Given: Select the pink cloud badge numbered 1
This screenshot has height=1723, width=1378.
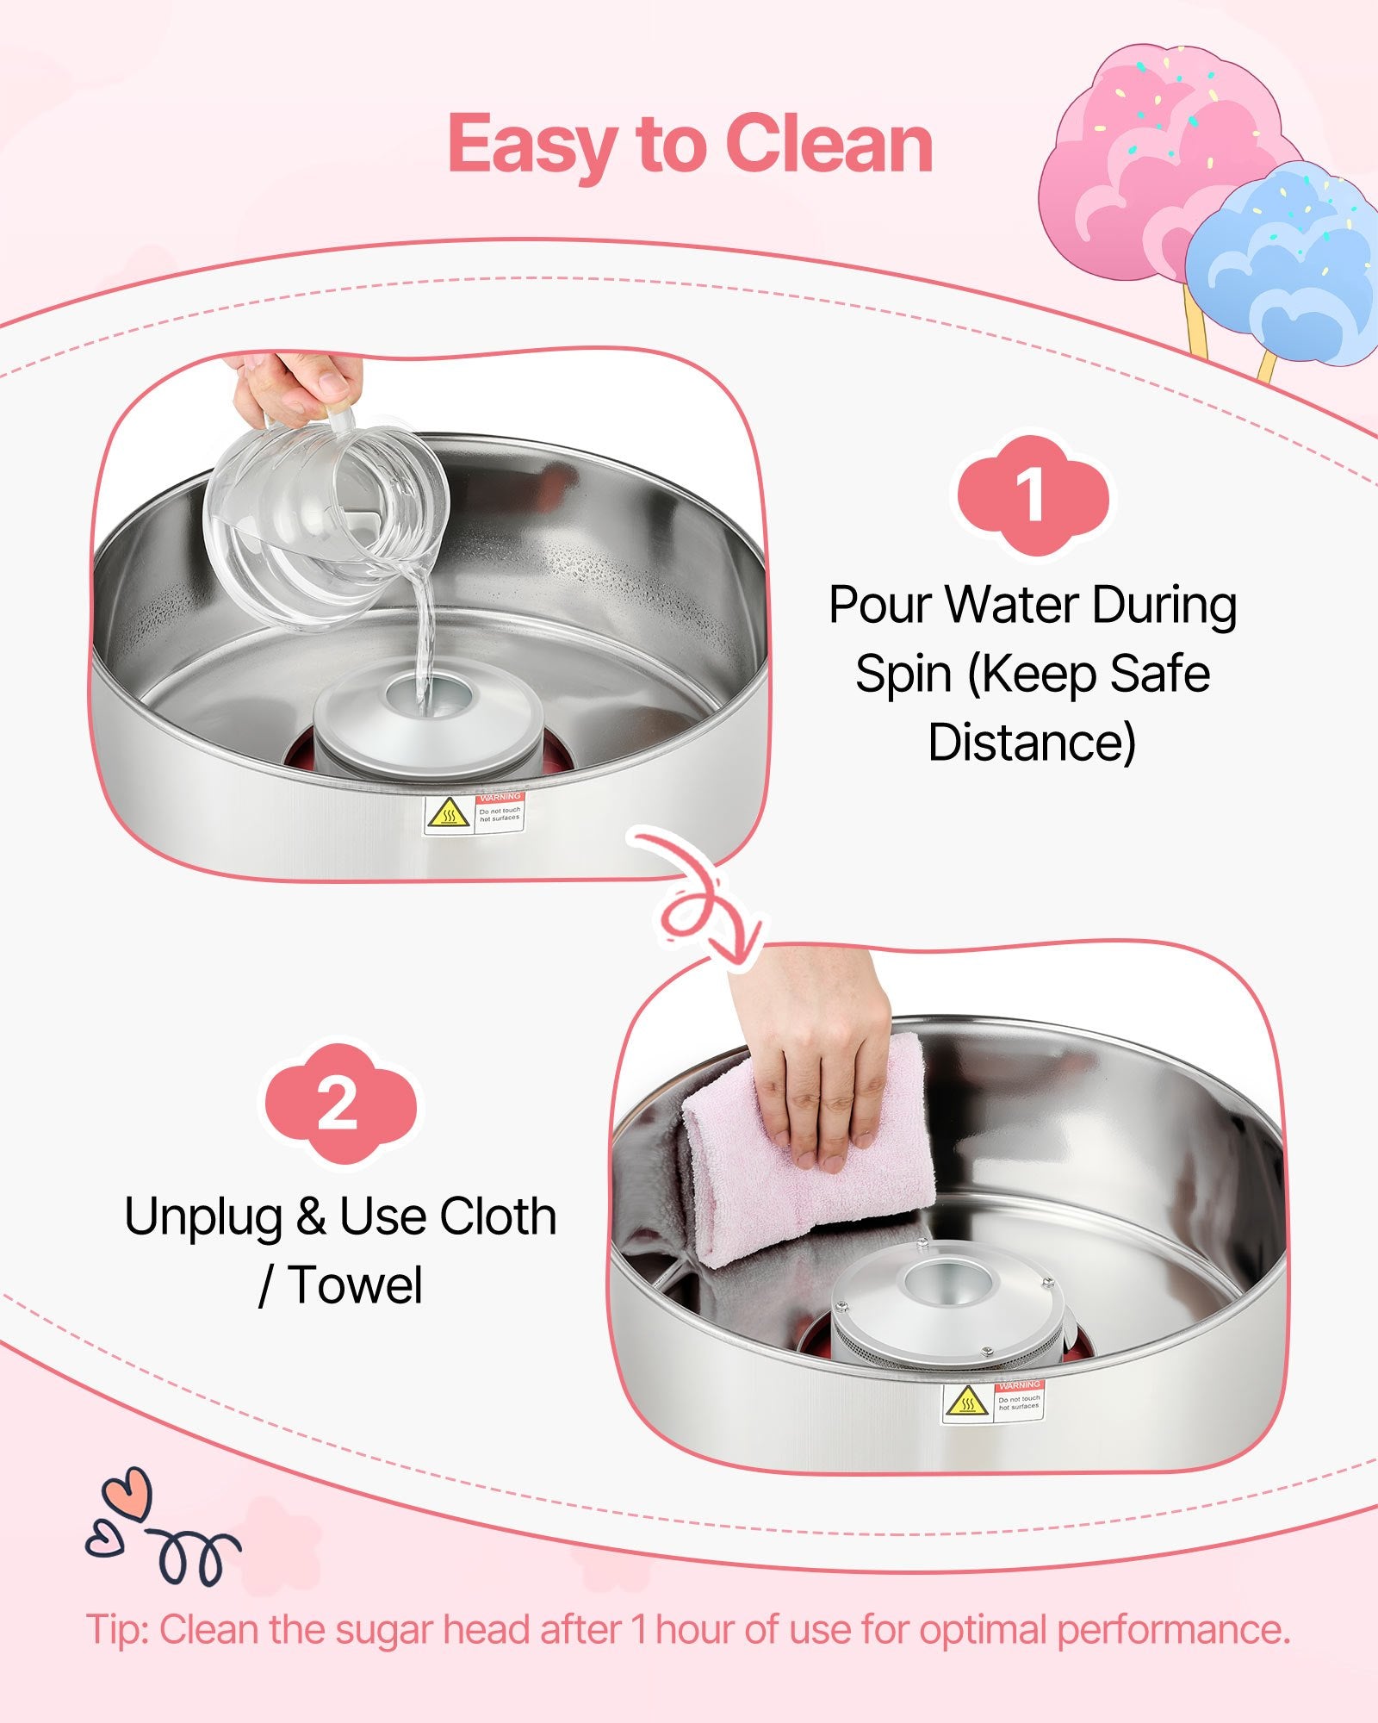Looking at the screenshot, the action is click(x=1033, y=496).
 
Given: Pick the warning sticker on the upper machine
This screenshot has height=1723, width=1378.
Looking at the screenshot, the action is click(x=474, y=813).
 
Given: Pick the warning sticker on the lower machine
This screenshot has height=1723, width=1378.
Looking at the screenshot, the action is click(x=992, y=1402).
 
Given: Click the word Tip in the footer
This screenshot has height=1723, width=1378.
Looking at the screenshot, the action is click(x=117, y=1631).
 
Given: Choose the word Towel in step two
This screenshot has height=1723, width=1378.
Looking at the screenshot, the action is click(x=355, y=1285).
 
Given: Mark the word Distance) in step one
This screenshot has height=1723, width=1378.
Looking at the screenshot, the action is click(x=1032, y=743).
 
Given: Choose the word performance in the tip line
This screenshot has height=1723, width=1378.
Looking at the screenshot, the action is click(x=1173, y=1632).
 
